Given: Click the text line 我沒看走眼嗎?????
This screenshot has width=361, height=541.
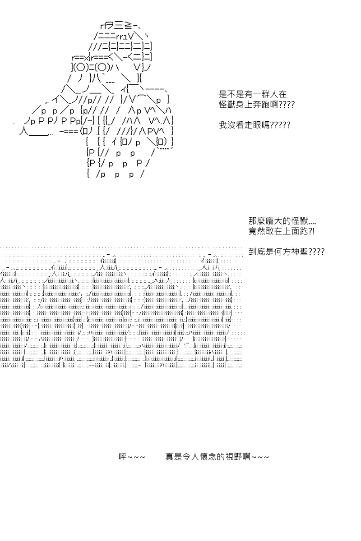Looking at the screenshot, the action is tap(255, 125).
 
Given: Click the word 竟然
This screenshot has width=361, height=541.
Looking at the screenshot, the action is tap(257, 231).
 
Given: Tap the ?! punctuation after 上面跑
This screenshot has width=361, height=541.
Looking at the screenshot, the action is tap(312, 231).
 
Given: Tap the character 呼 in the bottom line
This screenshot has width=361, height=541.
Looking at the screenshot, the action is tap(123, 457).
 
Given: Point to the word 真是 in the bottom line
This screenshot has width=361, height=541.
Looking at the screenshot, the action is tap(174, 457).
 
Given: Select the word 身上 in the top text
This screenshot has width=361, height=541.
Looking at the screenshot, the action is tap(244, 105).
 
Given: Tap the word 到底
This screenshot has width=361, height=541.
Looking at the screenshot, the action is tap(257, 252).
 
